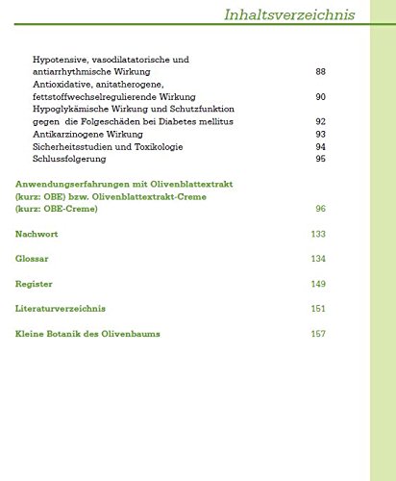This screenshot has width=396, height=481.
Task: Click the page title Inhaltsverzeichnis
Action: coord(288,15)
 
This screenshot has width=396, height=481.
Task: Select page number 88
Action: coord(320,72)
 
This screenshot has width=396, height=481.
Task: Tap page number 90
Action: coord(320,97)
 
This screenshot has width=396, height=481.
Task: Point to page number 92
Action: coord(320,122)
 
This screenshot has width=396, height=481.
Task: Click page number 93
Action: coord(320,135)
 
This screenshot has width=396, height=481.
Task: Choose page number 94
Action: coord(320,147)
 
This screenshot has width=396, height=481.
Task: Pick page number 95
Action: coord(320,160)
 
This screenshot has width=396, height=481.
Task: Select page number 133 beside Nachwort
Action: coord(318,234)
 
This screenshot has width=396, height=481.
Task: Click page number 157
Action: coord(318,334)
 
